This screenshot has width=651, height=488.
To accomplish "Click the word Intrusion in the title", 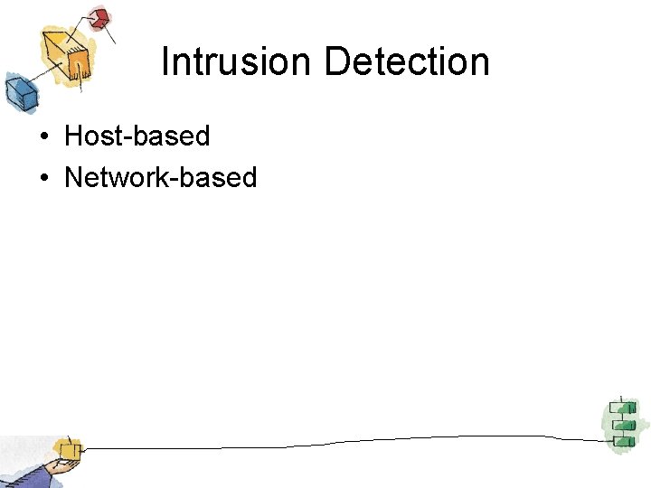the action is [237, 61].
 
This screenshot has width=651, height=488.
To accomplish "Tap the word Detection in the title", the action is [406, 61].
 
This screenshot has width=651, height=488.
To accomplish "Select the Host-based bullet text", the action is [137, 136].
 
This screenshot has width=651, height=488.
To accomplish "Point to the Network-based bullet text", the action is [160, 177].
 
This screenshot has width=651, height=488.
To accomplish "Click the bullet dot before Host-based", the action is [43, 137].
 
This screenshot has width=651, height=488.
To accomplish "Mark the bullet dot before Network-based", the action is [43, 178].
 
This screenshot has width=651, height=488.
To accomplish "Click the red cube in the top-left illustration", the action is [99, 18].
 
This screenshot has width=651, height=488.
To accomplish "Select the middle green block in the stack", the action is [621, 424].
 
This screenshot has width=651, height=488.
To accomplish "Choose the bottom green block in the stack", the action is [621, 440].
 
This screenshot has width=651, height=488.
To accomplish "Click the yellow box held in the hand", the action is [67, 448].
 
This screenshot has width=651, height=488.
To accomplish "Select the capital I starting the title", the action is [165, 61].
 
